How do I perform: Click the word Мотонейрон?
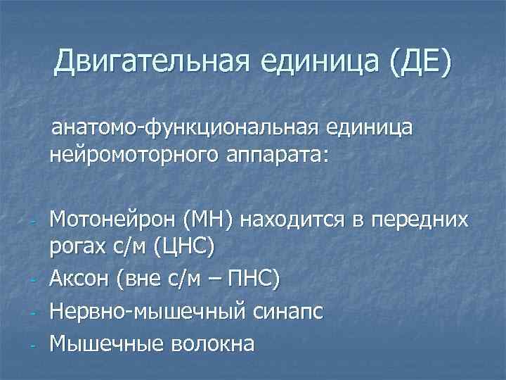pos(113,220)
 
